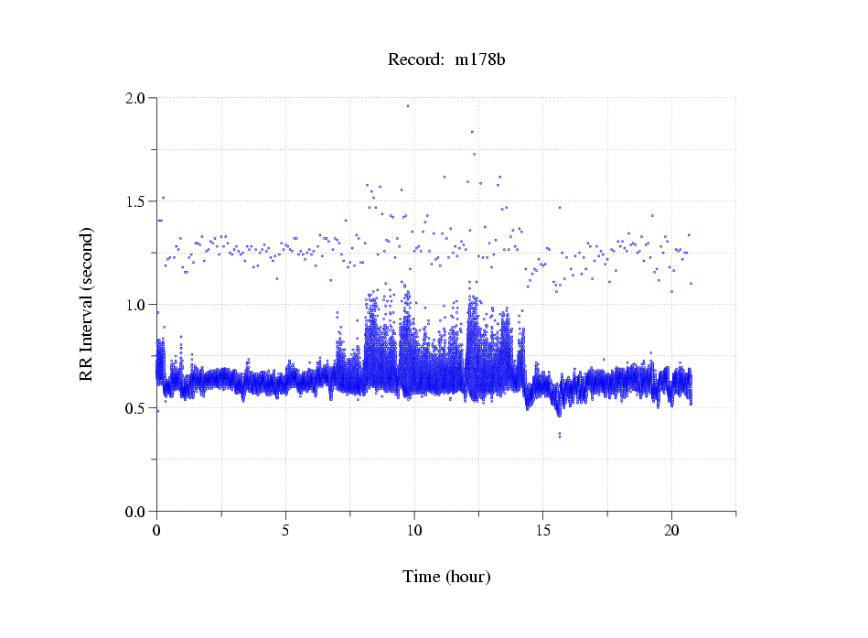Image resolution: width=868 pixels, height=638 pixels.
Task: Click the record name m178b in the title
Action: click(481, 60)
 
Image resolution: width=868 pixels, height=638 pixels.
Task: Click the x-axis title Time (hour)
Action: click(446, 578)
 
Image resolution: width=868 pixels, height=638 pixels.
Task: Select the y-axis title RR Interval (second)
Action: click(86, 304)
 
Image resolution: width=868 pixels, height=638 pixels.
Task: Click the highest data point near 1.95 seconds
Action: click(408, 106)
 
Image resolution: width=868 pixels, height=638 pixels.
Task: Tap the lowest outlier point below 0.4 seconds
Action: click(560, 436)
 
